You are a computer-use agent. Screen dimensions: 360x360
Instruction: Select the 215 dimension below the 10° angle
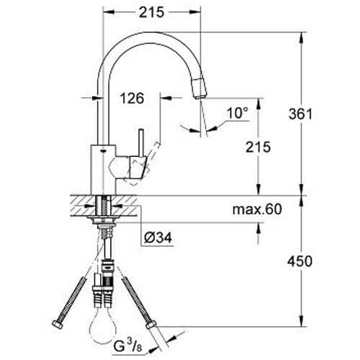(x=258, y=148)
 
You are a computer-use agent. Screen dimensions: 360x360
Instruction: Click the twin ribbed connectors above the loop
(x=105, y=294)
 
